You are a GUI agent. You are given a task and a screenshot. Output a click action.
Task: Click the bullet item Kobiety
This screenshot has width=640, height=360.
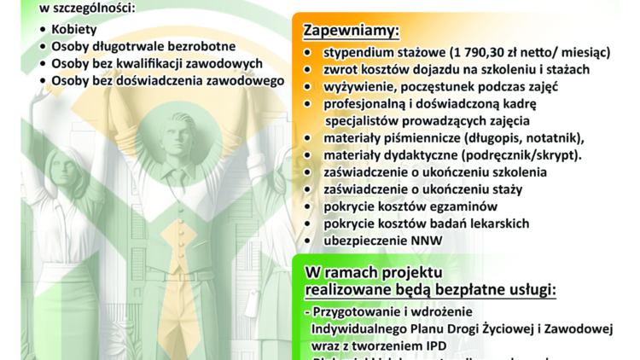pos(74,30)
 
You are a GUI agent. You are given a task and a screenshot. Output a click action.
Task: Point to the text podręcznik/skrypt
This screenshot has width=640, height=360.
pos(528,155)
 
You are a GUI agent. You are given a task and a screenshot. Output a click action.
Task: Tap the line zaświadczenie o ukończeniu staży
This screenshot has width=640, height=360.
pos(411,189)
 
